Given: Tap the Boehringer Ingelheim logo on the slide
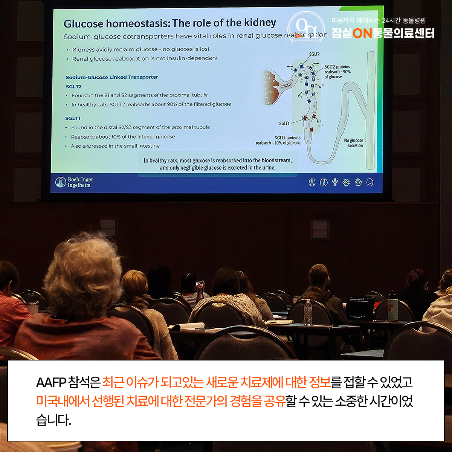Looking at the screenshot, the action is (x=74, y=182).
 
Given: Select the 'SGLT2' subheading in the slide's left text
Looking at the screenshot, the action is (x=74, y=87).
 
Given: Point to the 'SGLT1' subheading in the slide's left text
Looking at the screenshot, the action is (x=73, y=118).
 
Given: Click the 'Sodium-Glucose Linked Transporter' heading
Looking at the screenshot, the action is (x=112, y=77).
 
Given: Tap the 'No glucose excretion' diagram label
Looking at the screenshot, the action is (x=353, y=143).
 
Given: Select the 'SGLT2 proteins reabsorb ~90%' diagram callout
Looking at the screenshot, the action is (x=337, y=72).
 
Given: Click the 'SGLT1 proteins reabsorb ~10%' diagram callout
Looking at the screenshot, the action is (x=278, y=140).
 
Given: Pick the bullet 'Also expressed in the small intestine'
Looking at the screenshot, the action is (x=115, y=146).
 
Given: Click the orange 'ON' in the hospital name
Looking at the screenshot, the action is (x=362, y=34).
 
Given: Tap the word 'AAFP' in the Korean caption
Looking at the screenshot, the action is (x=51, y=383).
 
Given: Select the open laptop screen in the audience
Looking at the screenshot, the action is (x=360, y=307).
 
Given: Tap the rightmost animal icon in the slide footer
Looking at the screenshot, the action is (x=370, y=182).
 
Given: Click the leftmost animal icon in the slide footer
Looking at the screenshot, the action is (x=312, y=182).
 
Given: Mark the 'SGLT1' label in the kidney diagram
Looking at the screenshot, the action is (x=284, y=123).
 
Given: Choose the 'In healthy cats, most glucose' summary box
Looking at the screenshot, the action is (x=218, y=164).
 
